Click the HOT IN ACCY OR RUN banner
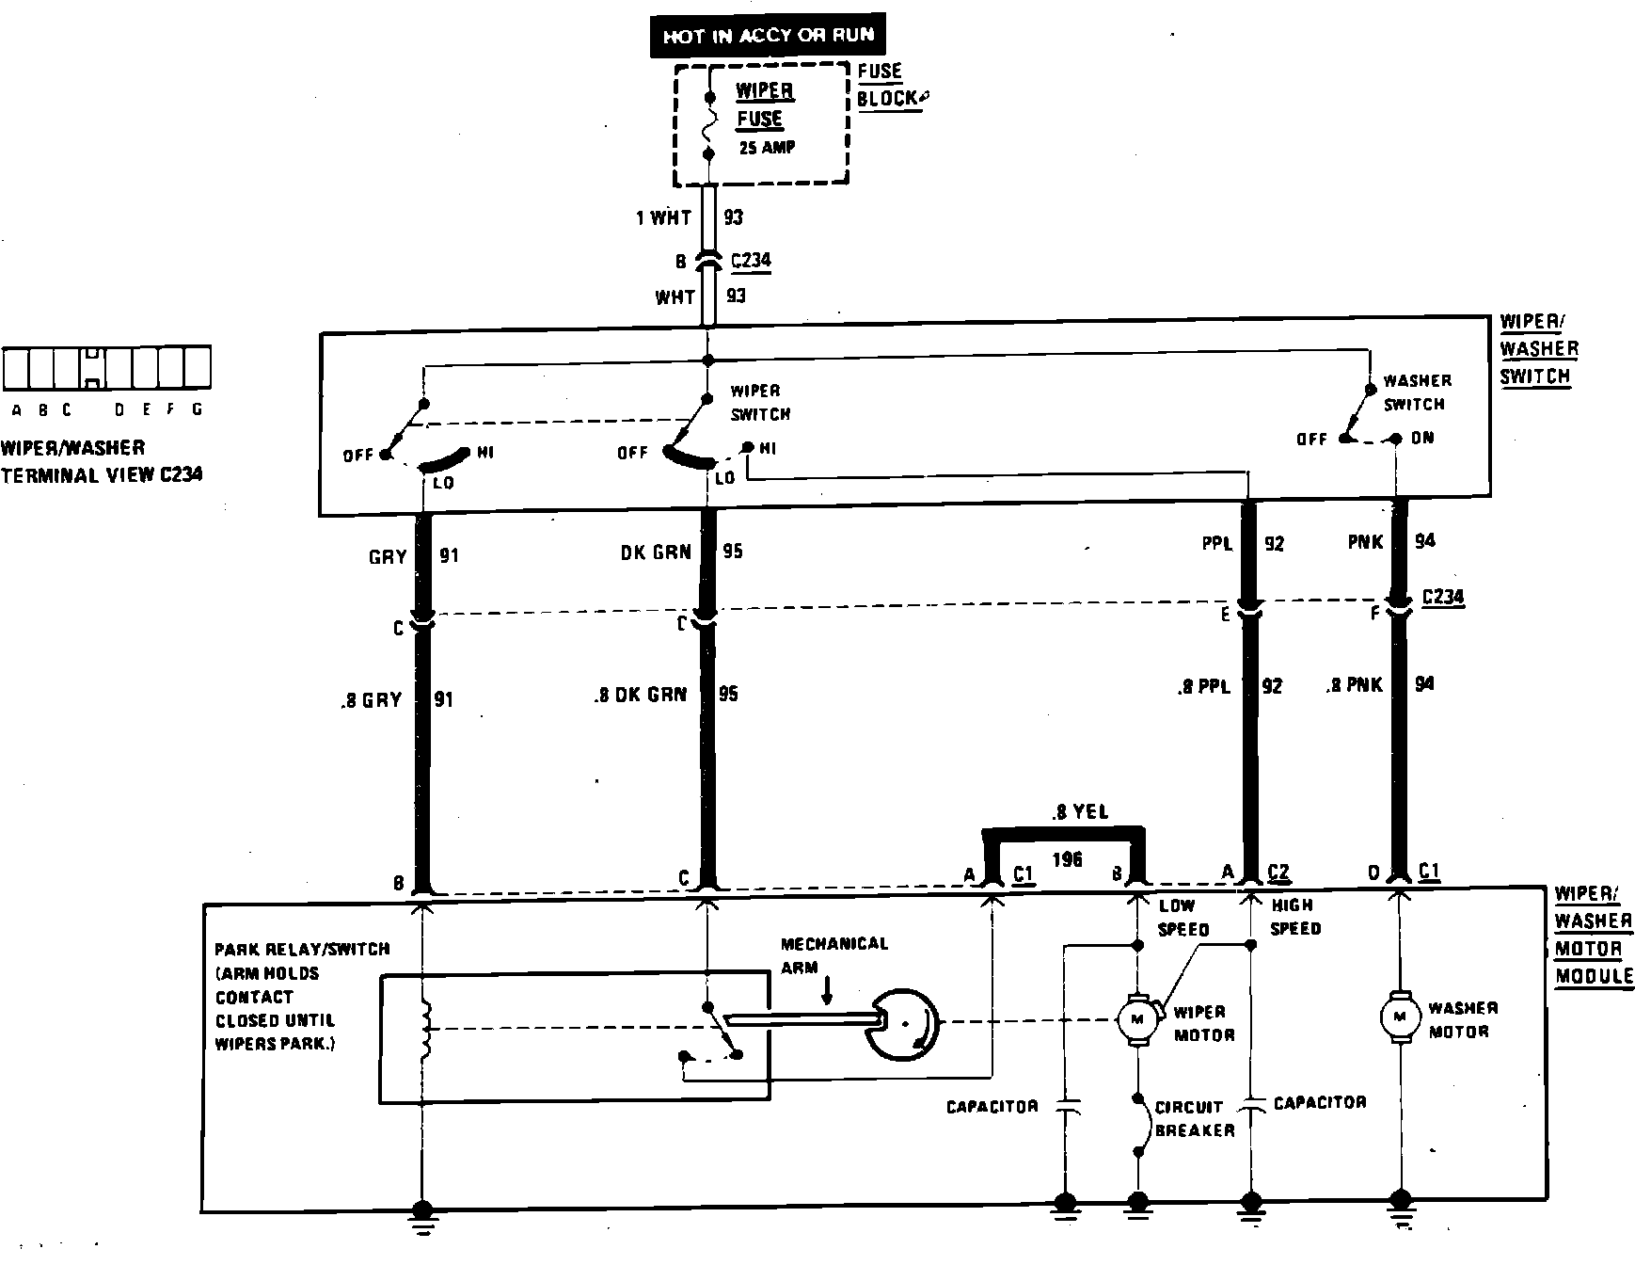click(768, 37)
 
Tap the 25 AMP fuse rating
click(767, 148)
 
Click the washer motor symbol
click(1400, 1016)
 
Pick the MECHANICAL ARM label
click(833, 954)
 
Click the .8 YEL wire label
click(1082, 811)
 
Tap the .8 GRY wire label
click(372, 700)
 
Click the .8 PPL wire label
click(1203, 687)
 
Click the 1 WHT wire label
click(663, 218)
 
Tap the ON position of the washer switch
click(1421, 439)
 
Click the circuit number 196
click(1068, 859)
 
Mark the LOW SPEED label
click(1182, 917)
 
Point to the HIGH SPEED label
click(1295, 917)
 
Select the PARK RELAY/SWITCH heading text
click(302, 949)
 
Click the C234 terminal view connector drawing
click(106, 368)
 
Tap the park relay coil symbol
click(425, 1028)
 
